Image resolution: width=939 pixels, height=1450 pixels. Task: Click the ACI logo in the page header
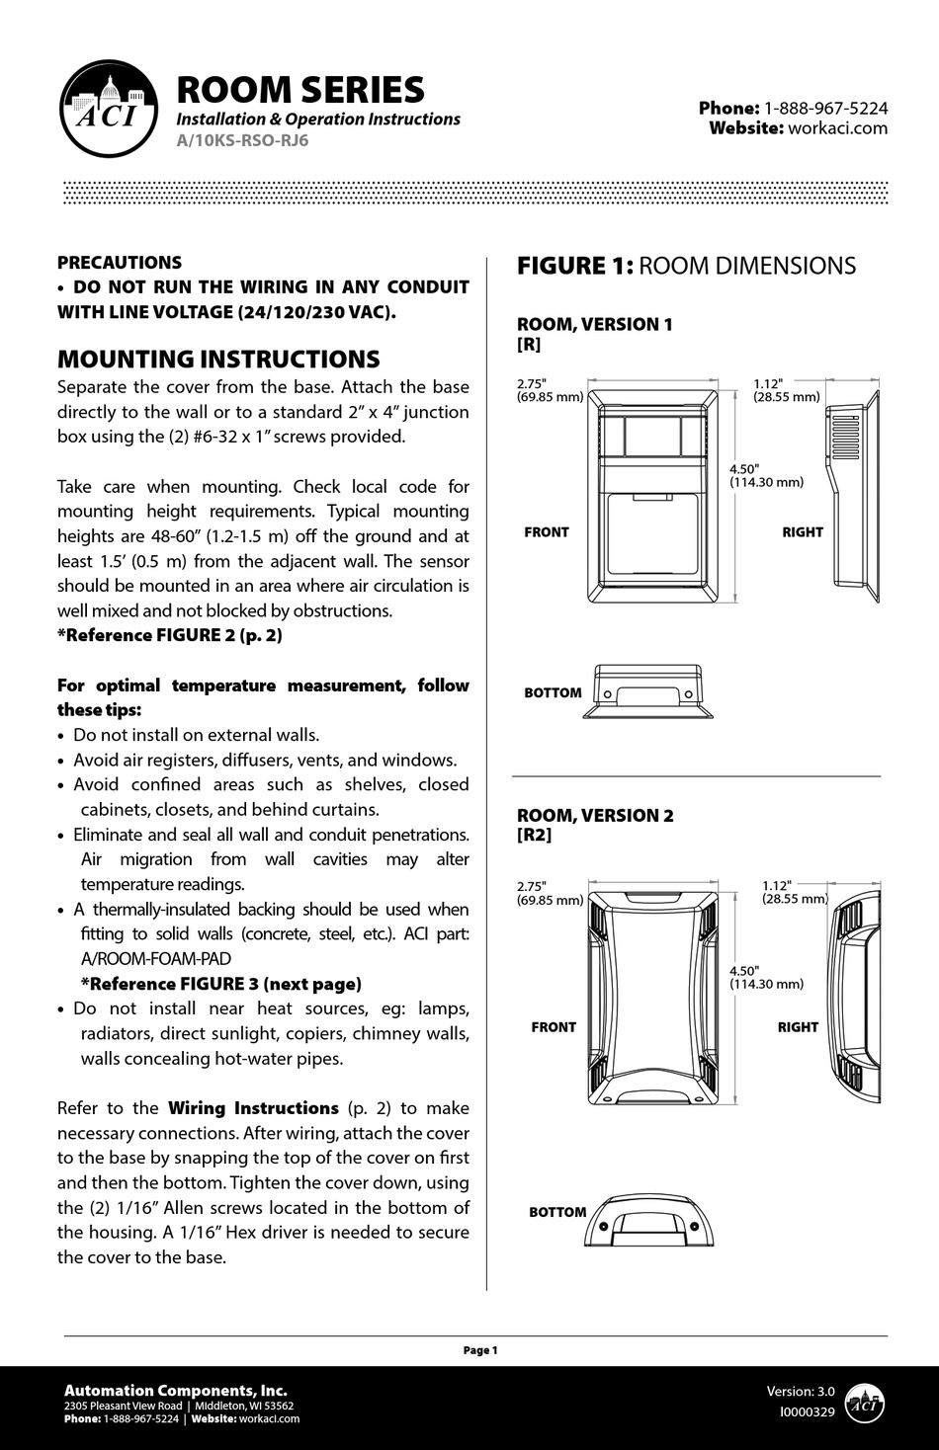coord(109,110)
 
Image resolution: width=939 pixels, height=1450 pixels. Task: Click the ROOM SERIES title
coord(299,90)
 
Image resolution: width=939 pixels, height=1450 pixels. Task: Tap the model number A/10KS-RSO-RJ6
coord(242,140)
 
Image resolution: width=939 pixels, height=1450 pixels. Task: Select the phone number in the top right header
coord(825,108)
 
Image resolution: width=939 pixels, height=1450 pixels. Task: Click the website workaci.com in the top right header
coord(837,127)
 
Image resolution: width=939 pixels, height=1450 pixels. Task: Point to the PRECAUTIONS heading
coord(120,263)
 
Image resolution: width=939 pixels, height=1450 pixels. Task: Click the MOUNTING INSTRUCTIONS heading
coord(218,359)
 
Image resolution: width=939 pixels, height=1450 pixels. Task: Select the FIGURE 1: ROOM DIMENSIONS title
coord(686,266)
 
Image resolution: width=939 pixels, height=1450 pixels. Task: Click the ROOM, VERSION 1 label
coord(595,324)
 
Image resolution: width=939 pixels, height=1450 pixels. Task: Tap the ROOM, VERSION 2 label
coord(595,815)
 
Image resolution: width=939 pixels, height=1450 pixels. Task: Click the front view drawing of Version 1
coord(653,494)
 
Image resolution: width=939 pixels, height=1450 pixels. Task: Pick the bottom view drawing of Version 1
coord(647,691)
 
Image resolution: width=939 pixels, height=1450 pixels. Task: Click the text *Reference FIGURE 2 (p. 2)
coord(170,635)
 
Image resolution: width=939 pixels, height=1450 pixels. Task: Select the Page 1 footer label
coord(480,1350)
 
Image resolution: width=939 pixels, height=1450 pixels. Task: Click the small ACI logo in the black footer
coord(865,1403)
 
